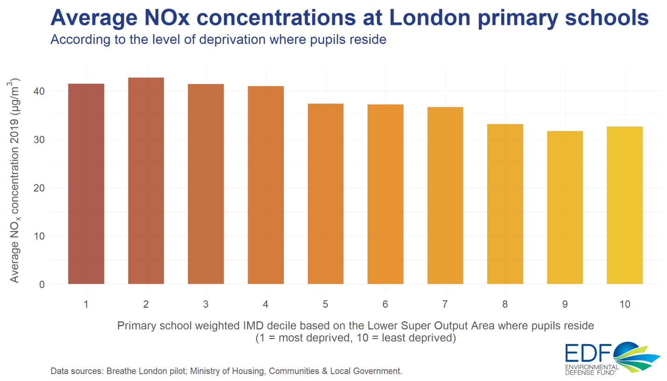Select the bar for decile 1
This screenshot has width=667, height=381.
pyautogui.click(x=86, y=184)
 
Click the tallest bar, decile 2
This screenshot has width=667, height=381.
pyautogui.click(x=146, y=181)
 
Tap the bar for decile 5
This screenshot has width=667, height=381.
pyautogui.click(x=326, y=194)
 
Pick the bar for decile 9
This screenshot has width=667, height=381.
pyautogui.click(x=565, y=207)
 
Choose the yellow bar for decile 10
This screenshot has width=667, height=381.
pyautogui.click(x=624, y=205)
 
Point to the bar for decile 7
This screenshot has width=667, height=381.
pyautogui.click(x=445, y=196)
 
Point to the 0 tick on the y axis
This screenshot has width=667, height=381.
pyautogui.click(x=42, y=284)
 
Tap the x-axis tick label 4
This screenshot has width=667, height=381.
pyautogui.click(x=265, y=304)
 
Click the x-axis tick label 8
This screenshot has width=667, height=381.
pyautogui.click(x=505, y=304)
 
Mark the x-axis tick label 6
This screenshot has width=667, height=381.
pyautogui.click(x=385, y=304)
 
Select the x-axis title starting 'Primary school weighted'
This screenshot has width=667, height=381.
pyautogui.click(x=355, y=325)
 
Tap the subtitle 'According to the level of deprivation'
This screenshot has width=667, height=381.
pyautogui.click(x=218, y=40)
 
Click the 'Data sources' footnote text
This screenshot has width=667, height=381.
pyautogui.click(x=226, y=371)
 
